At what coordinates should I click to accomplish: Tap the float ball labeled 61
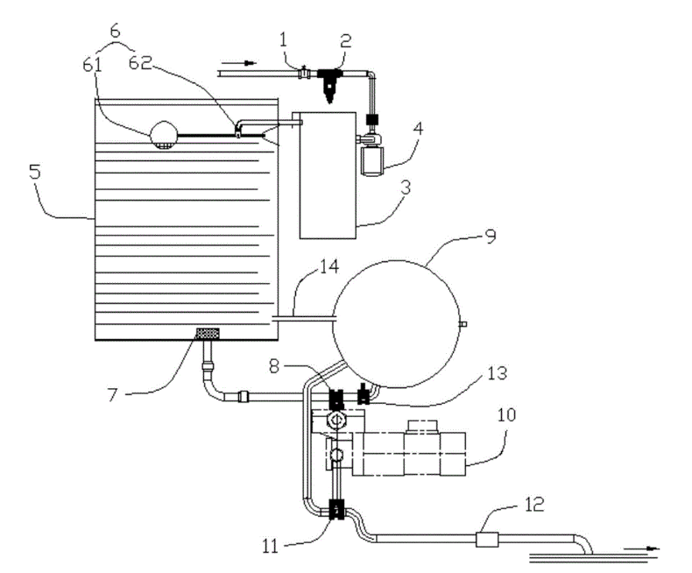(164, 133)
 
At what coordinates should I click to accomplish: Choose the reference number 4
(419, 129)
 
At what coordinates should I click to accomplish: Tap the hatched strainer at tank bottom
(208, 333)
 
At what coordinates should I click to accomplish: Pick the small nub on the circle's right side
(463, 325)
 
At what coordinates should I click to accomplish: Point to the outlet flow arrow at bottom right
(644, 548)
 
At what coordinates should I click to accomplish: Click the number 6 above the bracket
(115, 29)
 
